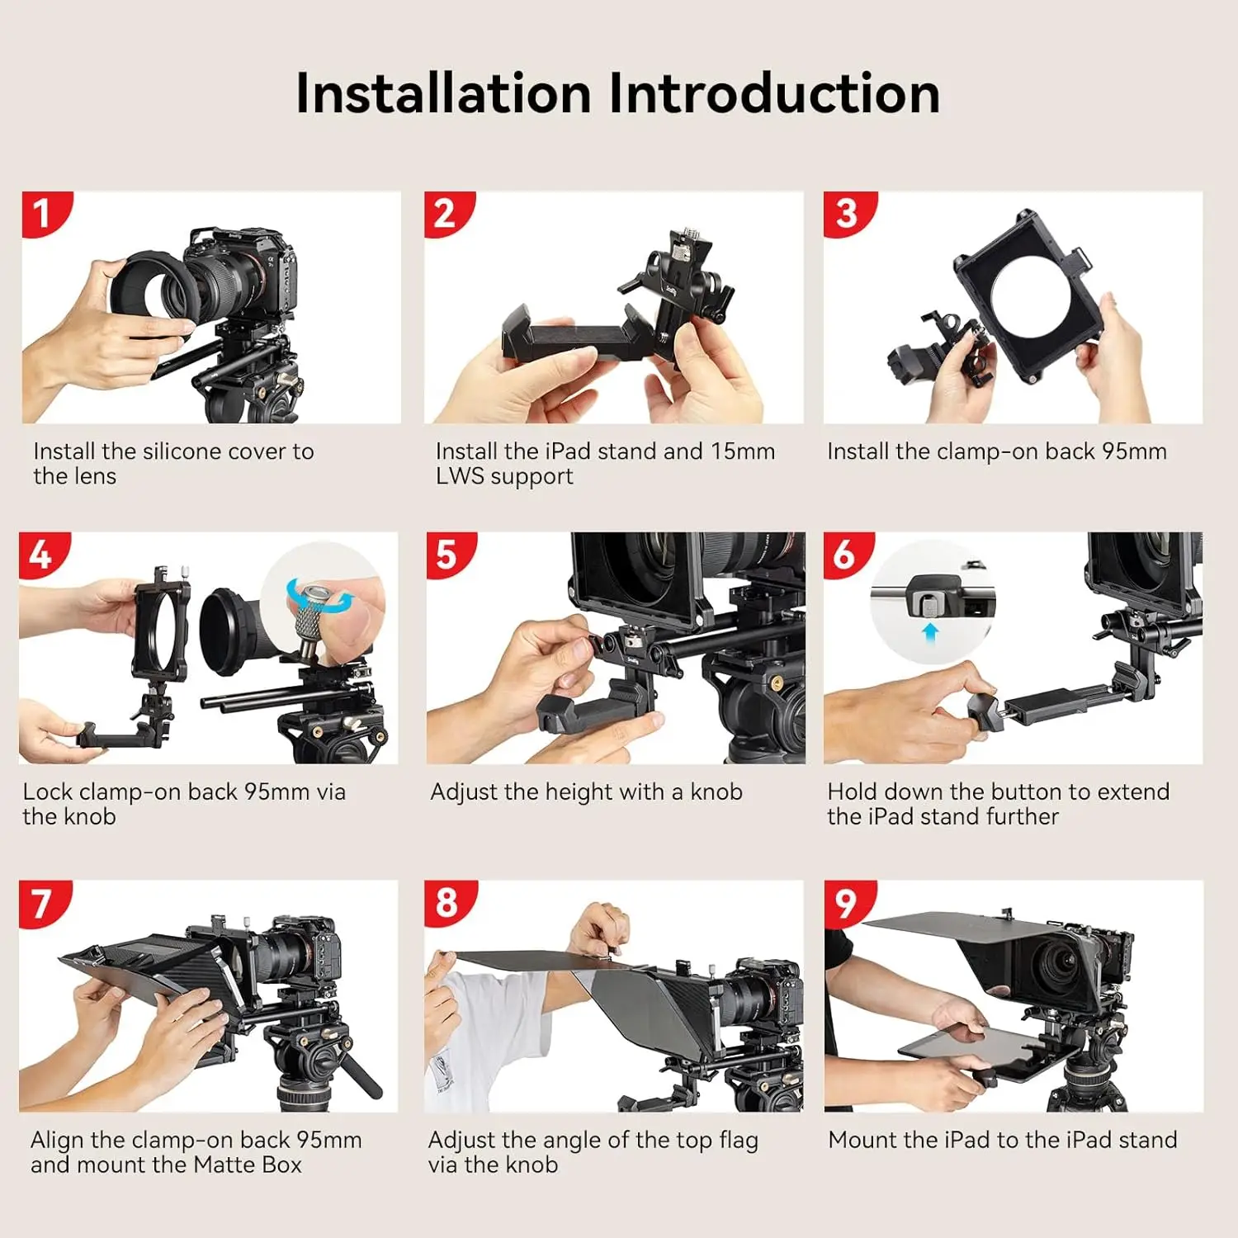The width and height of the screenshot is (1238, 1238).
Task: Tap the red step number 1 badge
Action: click(x=42, y=214)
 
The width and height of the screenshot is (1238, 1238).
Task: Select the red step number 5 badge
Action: click(x=447, y=554)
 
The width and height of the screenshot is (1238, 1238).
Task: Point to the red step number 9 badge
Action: click(x=846, y=903)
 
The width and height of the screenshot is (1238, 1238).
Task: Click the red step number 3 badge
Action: click(x=846, y=214)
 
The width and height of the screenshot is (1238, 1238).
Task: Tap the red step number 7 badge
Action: click(x=41, y=903)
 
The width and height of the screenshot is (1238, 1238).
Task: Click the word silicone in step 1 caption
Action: click(x=182, y=451)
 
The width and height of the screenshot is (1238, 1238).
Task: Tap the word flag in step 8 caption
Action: click(x=738, y=1140)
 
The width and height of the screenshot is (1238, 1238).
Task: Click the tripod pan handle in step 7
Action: click(x=361, y=1073)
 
